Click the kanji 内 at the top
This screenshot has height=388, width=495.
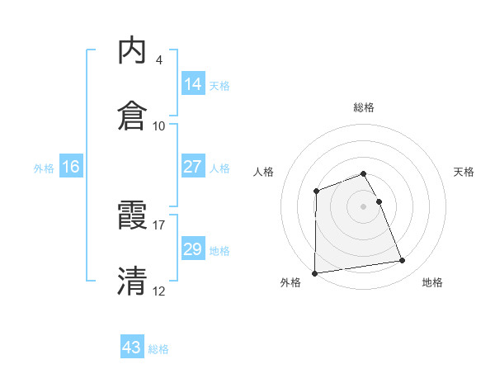(133, 51)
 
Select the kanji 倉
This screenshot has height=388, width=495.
(133, 116)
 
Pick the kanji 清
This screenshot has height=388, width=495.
(133, 281)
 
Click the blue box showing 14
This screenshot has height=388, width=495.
(193, 84)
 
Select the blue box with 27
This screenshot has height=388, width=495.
(193, 167)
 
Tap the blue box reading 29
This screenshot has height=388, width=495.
(193, 249)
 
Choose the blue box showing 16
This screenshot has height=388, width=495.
(71, 167)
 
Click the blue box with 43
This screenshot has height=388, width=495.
(132, 348)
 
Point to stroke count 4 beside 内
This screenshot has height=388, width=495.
(158, 60)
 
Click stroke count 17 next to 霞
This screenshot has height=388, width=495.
(159, 224)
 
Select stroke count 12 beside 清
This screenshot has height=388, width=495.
(159, 290)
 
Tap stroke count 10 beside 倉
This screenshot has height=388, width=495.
(159, 125)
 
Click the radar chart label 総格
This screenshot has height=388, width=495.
(364, 107)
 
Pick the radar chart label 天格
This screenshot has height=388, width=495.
(464, 172)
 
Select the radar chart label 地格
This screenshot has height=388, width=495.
(432, 283)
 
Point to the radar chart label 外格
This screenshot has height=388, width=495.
(290, 283)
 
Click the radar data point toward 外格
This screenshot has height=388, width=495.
(314, 273)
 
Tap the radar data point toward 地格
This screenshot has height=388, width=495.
(403, 261)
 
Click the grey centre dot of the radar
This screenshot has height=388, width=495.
(364, 206)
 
